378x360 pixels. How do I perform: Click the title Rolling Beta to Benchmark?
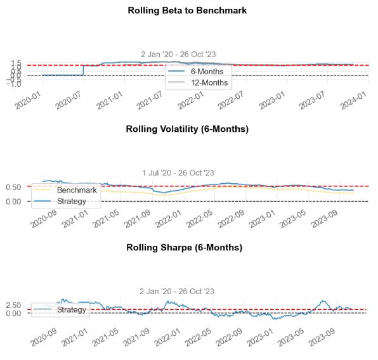pyautogui.click(x=187, y=11)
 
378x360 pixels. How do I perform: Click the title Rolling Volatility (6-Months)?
pyautogui.click(x=187, y=129)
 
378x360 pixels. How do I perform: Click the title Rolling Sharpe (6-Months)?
pyautogui.click(x=187, y=247)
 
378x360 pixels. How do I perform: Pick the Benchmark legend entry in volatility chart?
pyautogui.click(x=75, y=190)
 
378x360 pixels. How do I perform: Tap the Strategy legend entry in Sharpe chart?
pyautogui.click(x=71, y=309)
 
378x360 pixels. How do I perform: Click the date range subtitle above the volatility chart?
pyautogui.click(x=178, y=172)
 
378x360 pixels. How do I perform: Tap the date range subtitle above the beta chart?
pyautogui.click(x=178, y=55)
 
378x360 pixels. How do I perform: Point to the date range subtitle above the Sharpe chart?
pyautogui.click(x=178, y=291)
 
